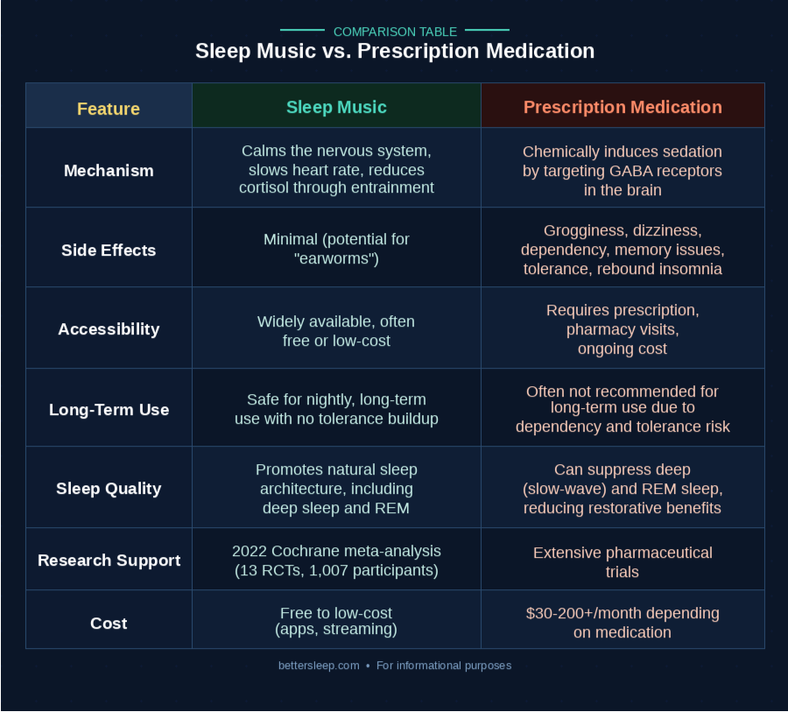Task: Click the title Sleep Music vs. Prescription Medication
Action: pyautogui.click(x=394, y=51)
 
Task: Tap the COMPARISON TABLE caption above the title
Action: pyautogui.click(x=395, y=32)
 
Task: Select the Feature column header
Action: pyautogui.click(x=109, y=109)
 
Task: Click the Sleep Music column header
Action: pyautogui.click(x=336, y=107)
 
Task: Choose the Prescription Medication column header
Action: pyautogui.click(x=623, y=107)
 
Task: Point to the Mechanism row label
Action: pyautogui.click(x=109, y=170)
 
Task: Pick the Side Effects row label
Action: pyautogui.click(x=109, y=250)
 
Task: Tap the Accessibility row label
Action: pyautogui.click(x=109, y=329)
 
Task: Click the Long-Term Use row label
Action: pyautogui.click(x=109, y=409)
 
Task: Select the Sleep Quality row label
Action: pyautogui.click(x=109, y=489)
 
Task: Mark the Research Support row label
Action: pyautogui.click(x=109, y=560)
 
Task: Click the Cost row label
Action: pyautogui.click(x=109, y=623)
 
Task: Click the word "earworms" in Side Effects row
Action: pyautogui.click(x=336, y=259)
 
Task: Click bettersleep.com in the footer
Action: pyautogui.click(x=319, y=666)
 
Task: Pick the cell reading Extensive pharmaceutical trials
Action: pyautogui.click(x=623, y=562)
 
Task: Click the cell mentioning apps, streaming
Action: pyautogui.click(x=336, y=623)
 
